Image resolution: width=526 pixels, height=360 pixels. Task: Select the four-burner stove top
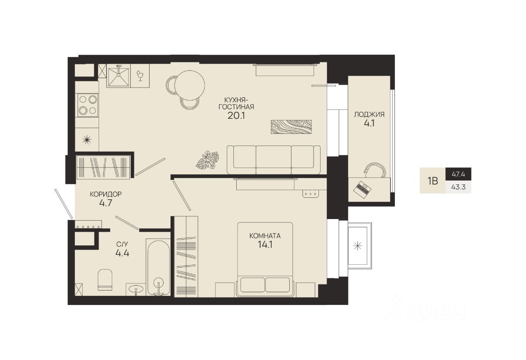click(x=87, y=105)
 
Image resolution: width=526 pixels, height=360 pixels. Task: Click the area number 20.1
click(x=236, y=115)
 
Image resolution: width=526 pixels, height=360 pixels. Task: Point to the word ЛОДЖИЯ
click(x=369, y=114)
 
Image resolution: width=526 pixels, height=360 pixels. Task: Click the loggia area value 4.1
click(x=369, y=123)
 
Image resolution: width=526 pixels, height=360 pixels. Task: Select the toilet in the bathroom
click(x=105, y=280)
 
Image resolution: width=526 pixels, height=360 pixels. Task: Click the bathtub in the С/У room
click(x=158, y=267)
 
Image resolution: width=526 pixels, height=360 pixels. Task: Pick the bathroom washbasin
click(x=136, y=288)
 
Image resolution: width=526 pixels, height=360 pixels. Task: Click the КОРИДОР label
click(x=106, y=194)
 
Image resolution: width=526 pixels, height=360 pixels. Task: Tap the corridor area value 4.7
click(x=106, y=203)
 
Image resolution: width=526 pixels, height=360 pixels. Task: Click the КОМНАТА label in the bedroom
click(x=265, y=236)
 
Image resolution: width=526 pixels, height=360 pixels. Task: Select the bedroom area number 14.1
click(x=265, y=245)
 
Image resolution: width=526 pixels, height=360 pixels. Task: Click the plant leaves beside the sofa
click(x=208, y=160)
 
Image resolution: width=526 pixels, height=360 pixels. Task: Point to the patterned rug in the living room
click(x=291, y=127)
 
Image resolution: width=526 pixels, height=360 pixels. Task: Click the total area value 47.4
click(x=458, y=175)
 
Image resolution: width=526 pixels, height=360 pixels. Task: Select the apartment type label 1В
click(x=433, y=181)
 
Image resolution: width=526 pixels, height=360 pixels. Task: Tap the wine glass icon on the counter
click(x=141, y=75)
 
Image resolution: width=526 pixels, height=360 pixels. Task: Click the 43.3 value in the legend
click(x=458, y=187)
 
